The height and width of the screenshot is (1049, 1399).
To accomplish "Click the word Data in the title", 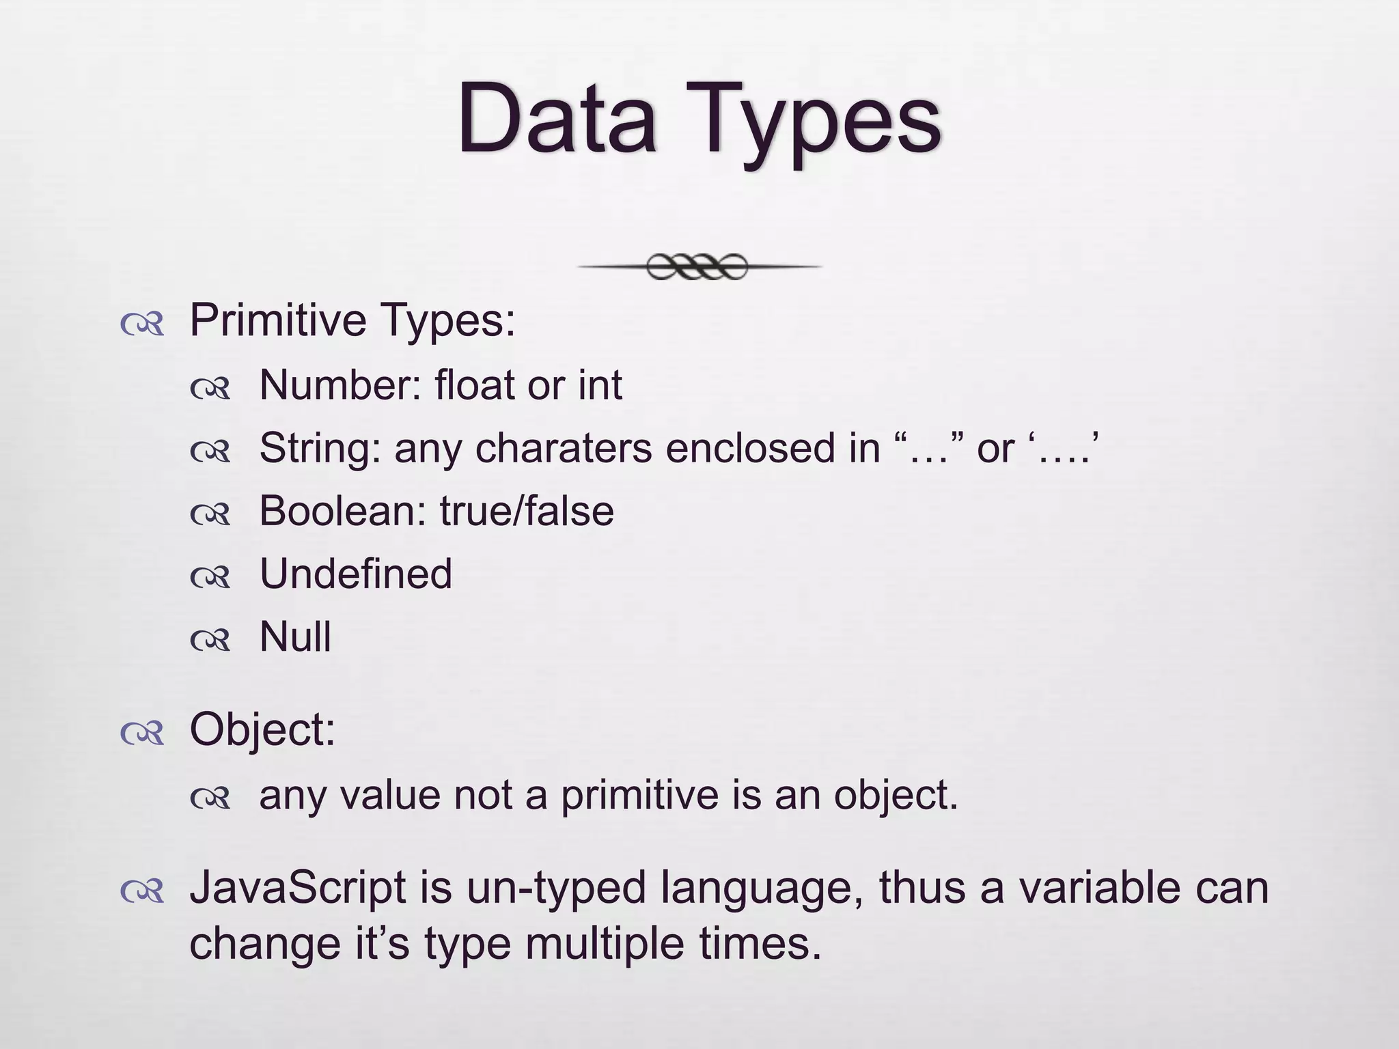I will pyautogui.click(x=557, y=120).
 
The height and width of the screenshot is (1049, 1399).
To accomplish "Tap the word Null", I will pyautogui.click(x=295, y=637).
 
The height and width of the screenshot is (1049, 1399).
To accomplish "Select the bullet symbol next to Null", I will pyautogui.click(x=210, y=640).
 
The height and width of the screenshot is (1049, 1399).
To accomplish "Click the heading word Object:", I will pyautogui.click(x=262, y=729).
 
